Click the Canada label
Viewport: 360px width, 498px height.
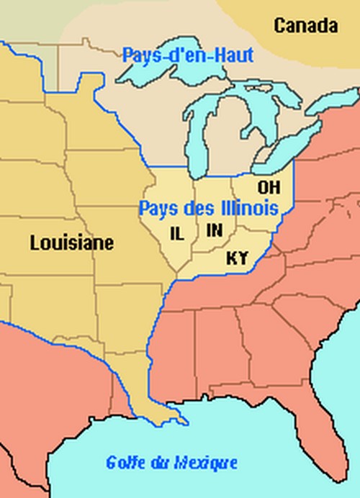305,27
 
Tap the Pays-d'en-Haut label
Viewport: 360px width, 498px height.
188,55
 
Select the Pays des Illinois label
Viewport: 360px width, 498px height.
208,209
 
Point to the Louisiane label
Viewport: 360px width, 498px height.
71,243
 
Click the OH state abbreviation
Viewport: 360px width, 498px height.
269,187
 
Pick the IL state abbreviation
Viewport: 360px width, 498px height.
176,233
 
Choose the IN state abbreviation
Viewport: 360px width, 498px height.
214,230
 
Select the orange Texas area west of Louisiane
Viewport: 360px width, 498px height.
43,389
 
